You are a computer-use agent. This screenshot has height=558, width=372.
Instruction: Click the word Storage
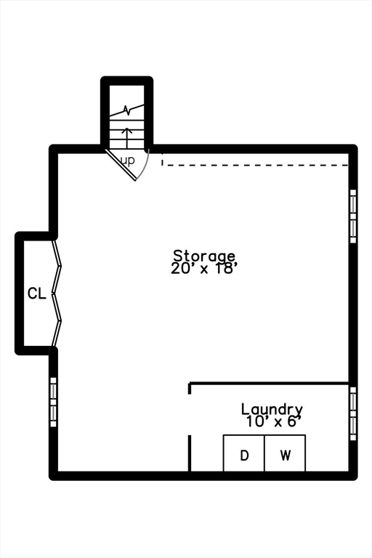(x=204, y=256)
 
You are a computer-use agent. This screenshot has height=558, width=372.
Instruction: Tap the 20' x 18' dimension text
(x=204, y=268)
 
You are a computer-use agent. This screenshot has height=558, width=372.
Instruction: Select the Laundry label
(x=272, y=410)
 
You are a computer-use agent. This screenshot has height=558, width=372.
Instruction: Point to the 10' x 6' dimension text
(x=271, y=421)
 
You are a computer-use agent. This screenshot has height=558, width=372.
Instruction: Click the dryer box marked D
(x=244, y=453)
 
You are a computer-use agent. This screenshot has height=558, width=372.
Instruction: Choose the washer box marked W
(x=285, y=453)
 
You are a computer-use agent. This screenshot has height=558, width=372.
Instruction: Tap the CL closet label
(x=37, y=294)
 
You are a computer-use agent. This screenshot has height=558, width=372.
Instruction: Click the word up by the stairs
(x=128, y=161)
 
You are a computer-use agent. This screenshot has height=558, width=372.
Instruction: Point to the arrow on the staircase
(x=126, y=137)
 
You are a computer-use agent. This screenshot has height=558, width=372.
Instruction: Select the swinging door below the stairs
(x=121, y=165)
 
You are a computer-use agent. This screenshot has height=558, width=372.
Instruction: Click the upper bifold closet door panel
(x=57, y=266)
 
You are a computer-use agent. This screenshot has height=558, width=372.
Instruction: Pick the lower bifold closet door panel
(x=57, y=320)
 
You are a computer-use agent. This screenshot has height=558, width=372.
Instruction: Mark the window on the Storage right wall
(x=353, y=216)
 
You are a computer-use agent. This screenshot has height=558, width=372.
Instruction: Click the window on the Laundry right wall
(x=353, y=413)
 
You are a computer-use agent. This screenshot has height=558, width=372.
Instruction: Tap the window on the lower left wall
(x=53, y=402)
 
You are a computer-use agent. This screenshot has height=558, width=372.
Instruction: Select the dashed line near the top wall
(x=255, y=165)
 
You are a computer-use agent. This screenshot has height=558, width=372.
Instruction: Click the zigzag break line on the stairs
(x=126, y=110)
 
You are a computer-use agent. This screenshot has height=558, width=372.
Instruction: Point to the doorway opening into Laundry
(x=190, y=415)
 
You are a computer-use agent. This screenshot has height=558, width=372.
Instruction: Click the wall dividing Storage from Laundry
(x=268, y=384)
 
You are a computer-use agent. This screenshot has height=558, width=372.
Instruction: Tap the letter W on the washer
(x=285, y=455)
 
